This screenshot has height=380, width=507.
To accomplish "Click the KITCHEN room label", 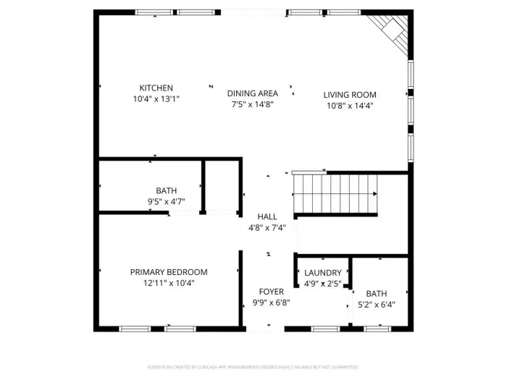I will coord(156,88).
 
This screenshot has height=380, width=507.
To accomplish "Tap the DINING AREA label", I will coord(252,93).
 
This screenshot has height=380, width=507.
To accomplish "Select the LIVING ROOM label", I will coord(350,95).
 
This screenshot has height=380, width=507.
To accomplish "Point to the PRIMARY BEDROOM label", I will coord(169,272).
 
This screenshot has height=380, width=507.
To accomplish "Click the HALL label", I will coord(267,216).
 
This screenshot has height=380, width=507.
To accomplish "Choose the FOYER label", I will coord(271,292).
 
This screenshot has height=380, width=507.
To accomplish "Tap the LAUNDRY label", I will coord(322,273).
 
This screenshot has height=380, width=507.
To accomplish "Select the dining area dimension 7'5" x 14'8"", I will coord(252,104).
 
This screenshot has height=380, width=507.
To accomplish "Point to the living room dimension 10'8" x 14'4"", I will coord(350,106).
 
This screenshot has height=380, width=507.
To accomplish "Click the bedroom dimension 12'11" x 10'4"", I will coord(169,283).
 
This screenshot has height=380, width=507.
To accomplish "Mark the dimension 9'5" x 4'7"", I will coord(166,202).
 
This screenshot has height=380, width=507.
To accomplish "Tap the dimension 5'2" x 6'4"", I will coord(377,305).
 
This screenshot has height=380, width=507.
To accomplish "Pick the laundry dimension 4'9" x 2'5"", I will coord(322,284).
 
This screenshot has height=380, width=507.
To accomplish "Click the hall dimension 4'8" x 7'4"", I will coord(267,227).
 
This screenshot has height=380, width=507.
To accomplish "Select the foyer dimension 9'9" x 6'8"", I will coord(271,303).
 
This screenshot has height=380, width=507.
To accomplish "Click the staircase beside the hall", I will coord(335,194).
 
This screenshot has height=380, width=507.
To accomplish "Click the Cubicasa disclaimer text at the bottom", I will coord(253,367).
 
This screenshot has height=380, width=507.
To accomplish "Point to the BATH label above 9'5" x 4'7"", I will coord(166,191).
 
